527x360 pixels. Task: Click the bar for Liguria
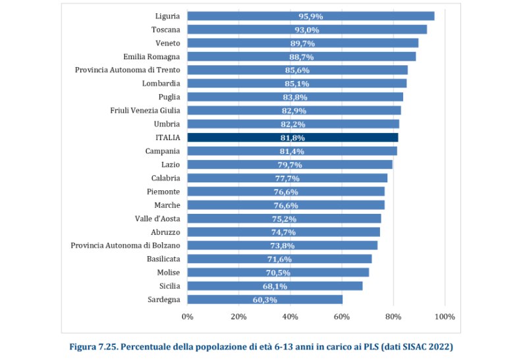tap(310, 16)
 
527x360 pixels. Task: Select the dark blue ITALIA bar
tap(292, 138)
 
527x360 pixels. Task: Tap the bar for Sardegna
tap(265, 299)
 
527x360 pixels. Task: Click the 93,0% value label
tap(306, 30)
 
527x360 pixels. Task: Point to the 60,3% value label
tap(265, 299)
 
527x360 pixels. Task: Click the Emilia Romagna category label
tap(152, 57)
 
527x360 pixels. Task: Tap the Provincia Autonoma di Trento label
tap(127, 70)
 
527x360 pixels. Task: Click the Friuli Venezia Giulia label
tap(145, 111)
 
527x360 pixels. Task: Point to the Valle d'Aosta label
tap(157, 219)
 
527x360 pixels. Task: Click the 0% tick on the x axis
tap(187, 317)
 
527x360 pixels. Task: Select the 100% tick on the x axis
tap(445, 317)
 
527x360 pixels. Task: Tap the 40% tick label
tap(290, 317)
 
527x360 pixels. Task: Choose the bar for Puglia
tap(295, 97)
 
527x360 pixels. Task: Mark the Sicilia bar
tap(275, 286)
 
